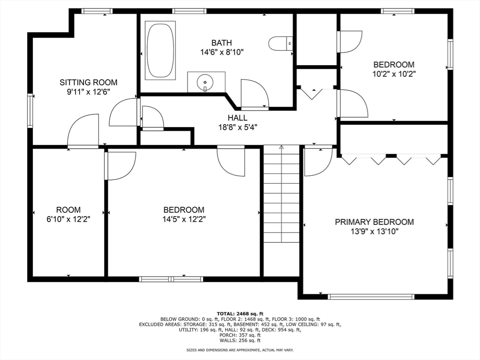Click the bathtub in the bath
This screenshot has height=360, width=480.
pos(160,50)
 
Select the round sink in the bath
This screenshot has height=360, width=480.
pos(205,83)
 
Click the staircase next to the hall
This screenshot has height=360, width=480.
pos(281,197)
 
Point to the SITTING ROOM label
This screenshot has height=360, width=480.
pos(88,82)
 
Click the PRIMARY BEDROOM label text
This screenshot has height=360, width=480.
pos(374,222)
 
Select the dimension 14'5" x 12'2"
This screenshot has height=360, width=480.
pos(184,219)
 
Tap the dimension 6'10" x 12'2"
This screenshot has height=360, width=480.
pos(68,219)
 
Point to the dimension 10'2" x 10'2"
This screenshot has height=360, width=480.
pos(393,74)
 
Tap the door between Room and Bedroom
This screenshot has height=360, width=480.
pos(120,165)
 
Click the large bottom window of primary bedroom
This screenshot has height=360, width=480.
pos(371,296)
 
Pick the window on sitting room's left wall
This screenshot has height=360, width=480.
pos(30,111)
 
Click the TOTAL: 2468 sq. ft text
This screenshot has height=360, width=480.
pos(240,314)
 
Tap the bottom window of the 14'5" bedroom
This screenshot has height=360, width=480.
pos(171,279)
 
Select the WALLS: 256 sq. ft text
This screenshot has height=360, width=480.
pos(240,341)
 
